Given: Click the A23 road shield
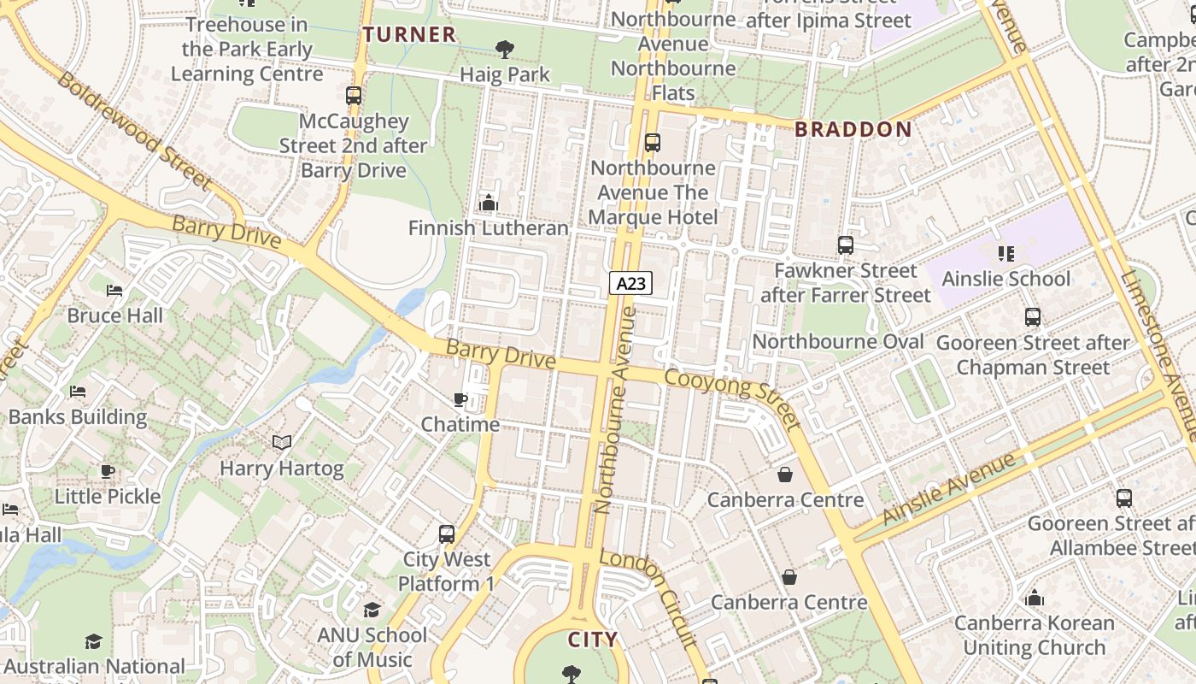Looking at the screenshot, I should pyautogui.click(x=630, y=283).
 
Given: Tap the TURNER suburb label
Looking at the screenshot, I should pyautogui.click(x=409, y=35).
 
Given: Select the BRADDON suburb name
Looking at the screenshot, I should pyautogui.click(x=853, y=130).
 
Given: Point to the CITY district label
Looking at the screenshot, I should pyautogui.click(x=593, y=640).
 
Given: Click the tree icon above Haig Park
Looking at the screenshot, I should pyautogui.click(x=505, y=50).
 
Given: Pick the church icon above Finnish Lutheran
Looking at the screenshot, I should pyautogui.click(x=489, y=203).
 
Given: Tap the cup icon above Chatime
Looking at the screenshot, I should pyautogui.click(x=460, y=399).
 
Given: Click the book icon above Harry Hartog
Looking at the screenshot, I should pyautogui.click(x=282, y=442).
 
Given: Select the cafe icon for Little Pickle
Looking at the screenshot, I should pyautogui.click(x=108, y=471).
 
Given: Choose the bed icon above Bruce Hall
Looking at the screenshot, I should pyautogui.click(x=114, y=291).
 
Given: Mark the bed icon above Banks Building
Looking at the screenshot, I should pyautogui.click(x=78, y=392).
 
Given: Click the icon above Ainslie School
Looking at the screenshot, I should pyautogui.click(x=1005, y=254).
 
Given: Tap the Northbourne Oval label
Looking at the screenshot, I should pyautogui.click(x=838, y=342).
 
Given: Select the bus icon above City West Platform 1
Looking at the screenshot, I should pyautogui.click(x=446, y=534).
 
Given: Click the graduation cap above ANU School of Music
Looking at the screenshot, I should pyautogui.click(x=372, y=610).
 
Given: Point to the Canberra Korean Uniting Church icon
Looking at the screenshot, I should pyautogui.click(x=1035, y=598).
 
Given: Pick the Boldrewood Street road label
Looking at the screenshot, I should pyautogui.click(x=133, y=130).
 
